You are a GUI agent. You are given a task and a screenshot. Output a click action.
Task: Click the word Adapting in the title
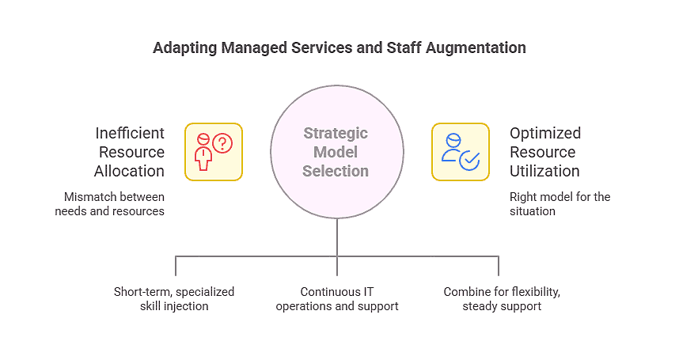[x=184, y=47]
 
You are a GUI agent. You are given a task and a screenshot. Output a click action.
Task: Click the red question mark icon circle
[x=222, y=143]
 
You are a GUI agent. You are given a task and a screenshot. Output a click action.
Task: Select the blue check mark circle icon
[x=470, y=161]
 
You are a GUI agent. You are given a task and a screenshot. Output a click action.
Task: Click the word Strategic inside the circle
[x=336, y=133]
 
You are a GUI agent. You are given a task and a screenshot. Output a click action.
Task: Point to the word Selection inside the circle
[x=336, y=171]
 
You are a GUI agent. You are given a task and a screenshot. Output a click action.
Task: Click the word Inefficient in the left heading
[x=130, y=133]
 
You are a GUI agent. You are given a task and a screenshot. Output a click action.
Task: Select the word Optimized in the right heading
[x=545, y=133]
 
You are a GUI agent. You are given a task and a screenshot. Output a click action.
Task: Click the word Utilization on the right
[x=544, y=171]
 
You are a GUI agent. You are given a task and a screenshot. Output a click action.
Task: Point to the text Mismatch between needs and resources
[x=109, y=203]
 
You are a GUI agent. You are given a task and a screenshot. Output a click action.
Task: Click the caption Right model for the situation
[x=560, y=203]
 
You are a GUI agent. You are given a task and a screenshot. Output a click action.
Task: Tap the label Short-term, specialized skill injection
[x=174, y=298]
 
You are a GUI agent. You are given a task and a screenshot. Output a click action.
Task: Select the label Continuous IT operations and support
[x=336, y=298]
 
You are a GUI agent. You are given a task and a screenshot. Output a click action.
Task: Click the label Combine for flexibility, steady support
[x=502, y=298]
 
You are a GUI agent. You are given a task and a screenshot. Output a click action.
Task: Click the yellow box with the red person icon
[x=213, y=152]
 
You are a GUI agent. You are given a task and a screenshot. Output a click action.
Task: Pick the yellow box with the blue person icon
[x=460, y=152]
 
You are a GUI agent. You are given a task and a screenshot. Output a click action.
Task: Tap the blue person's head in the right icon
[x=453, y=140]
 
